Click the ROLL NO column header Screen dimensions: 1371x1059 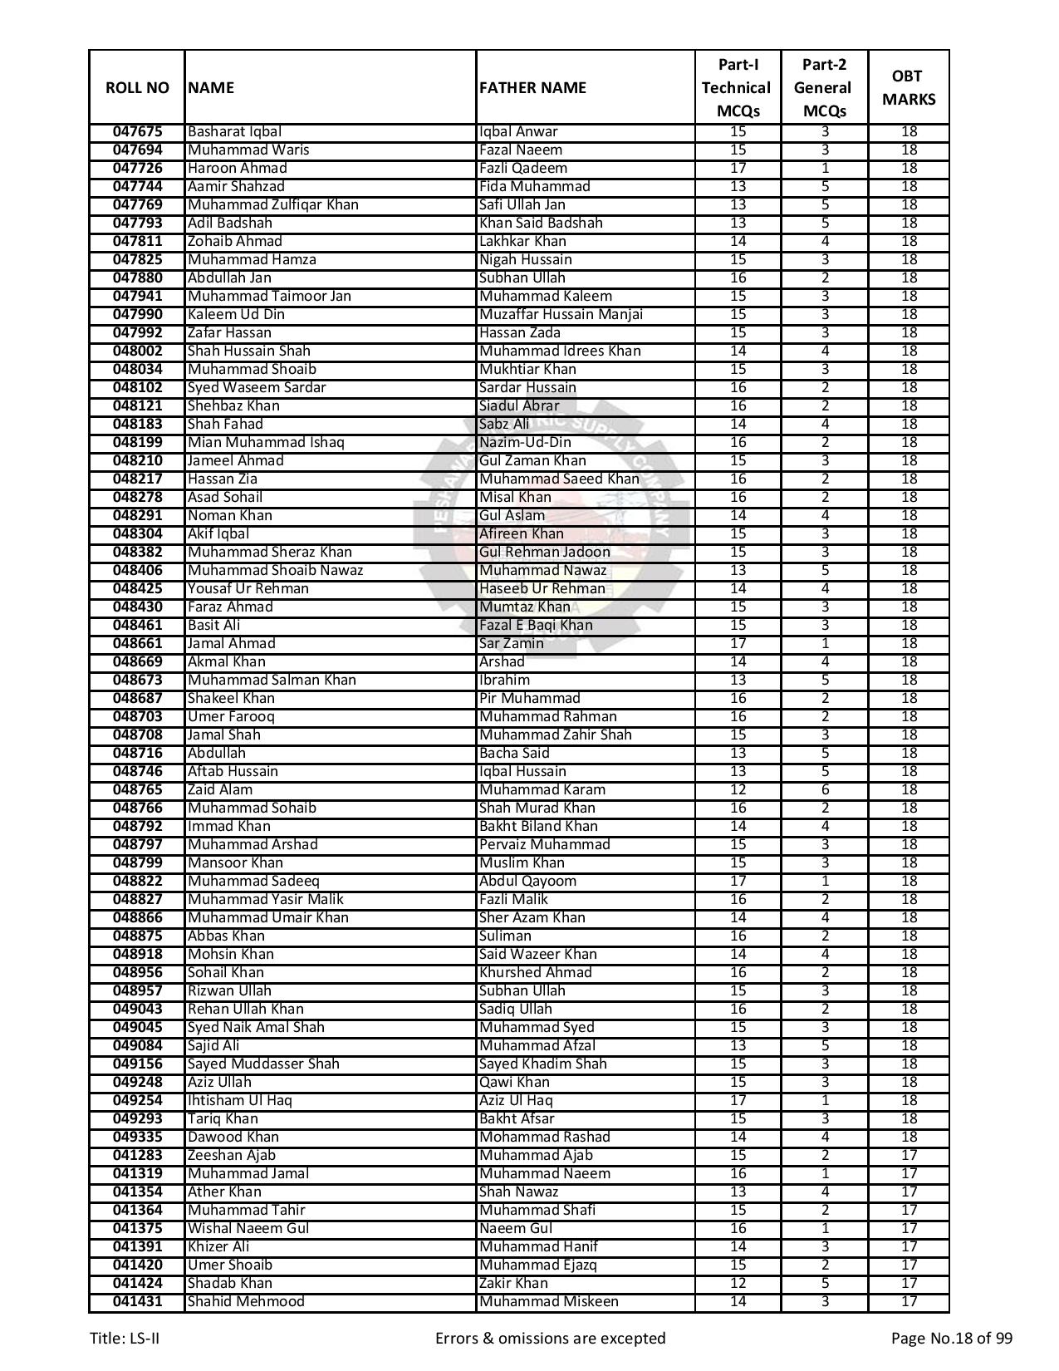[x=137, y=88]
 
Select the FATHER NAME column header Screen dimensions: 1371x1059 [x=532, y=88]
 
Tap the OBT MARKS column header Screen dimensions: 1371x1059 [x=908, y=88]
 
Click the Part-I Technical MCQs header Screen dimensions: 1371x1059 [x=737, y=88]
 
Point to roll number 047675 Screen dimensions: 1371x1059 [x=137, y=131]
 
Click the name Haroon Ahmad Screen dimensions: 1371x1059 [x=237, y=168]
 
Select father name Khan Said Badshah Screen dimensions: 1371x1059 [x=541, y=223]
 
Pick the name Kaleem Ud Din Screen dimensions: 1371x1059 [x=236, y=314]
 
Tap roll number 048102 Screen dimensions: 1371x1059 [x=137, y=387]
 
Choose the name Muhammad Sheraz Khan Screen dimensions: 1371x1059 [x=269, y=552]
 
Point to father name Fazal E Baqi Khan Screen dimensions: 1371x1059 [x=536, y=625]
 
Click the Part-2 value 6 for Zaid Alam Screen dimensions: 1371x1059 [x=825, y=789]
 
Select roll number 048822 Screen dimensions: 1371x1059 [x=137, y=881]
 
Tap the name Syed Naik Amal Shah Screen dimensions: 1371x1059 [x=256, y=1027]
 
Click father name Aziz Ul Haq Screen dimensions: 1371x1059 [x=516, y=1100]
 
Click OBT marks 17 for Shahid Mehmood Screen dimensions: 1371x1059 [x=909, y=1301]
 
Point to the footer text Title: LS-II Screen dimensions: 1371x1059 [x=125, y=1338]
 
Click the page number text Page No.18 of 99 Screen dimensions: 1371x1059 [x=951, y=1338]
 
